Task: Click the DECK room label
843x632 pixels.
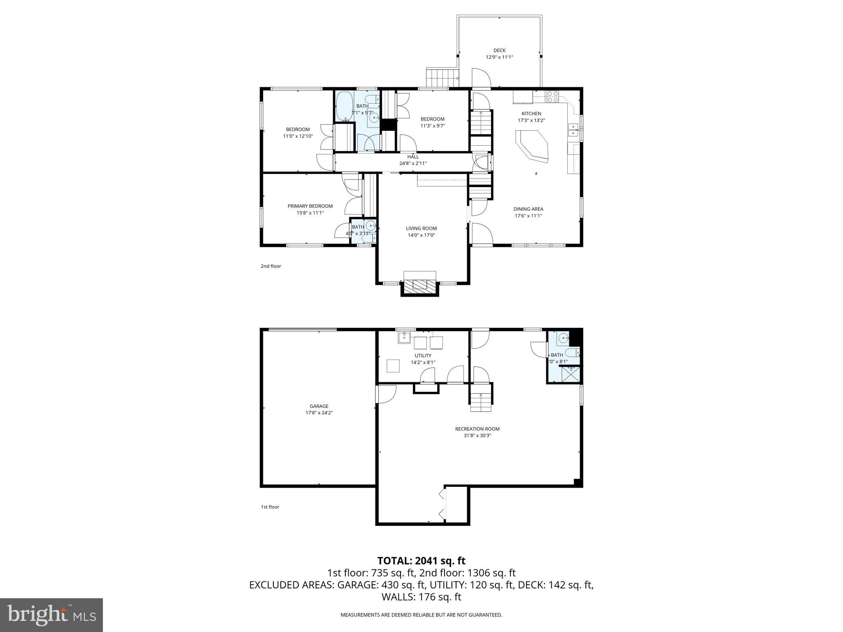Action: click(499, 51)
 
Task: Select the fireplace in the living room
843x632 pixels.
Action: click(419, 285)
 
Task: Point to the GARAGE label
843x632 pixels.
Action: click(319, 406)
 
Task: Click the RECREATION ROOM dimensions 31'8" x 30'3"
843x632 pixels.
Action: click(477, 435)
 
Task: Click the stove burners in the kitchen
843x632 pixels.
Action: click(553, 96)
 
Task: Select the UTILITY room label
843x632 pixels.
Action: click(423, 355)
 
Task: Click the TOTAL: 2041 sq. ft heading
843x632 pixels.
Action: click(421, 560)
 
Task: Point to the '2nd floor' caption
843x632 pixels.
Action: click(271, 266)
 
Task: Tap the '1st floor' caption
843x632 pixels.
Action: click(270, 507)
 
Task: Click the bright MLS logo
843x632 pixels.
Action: click(51, 615)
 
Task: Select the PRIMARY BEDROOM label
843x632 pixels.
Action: click(310, 206)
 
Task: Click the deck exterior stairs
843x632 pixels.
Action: click(442, 77)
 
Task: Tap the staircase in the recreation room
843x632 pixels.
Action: click(481, 401)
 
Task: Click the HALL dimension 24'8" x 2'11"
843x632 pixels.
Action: click(413, 163)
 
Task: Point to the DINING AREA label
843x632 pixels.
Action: click(528, 209)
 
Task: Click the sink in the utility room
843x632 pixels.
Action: click(404, 338)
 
